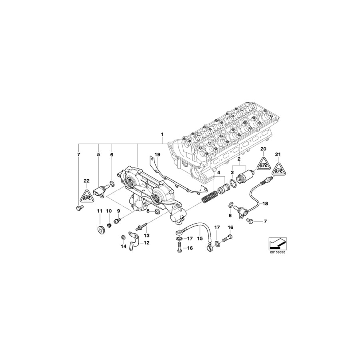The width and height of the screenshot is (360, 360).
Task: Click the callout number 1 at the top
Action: [x=162, y=134]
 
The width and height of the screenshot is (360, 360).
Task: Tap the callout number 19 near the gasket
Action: [x=157, y=154]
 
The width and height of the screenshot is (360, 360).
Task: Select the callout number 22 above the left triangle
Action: [x=86, y=181]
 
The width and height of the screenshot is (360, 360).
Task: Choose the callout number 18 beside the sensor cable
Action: [x=265, y=204]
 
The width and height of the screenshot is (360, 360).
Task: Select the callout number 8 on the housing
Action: [x=148, y=211]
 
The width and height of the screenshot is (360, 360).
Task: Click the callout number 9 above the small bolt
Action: [x=118, y=211]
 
